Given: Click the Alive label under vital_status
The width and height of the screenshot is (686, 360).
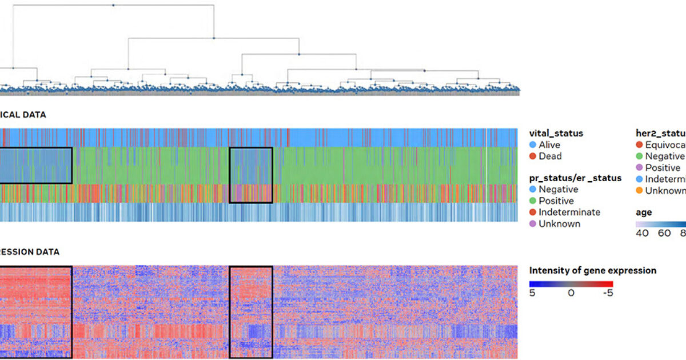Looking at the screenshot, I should coord(550,145).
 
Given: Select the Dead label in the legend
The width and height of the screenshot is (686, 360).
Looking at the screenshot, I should coord(550,156).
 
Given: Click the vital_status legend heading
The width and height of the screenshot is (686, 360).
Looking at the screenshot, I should coord(556,133).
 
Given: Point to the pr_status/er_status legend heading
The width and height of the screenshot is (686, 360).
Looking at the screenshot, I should coord(575,178).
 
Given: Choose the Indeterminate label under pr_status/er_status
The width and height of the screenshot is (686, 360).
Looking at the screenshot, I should coord(569,212).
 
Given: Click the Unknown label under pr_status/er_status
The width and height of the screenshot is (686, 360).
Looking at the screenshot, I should coord(559,223).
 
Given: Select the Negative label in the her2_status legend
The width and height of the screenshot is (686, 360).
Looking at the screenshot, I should coord(664,156).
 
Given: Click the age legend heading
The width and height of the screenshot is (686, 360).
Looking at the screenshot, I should coord(644,212).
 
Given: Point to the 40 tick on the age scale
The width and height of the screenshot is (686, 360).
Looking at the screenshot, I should coord(642,233).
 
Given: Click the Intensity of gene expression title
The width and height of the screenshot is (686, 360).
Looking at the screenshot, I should coord(592,270).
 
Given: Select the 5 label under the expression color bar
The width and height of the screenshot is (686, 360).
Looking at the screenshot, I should coord(533,293).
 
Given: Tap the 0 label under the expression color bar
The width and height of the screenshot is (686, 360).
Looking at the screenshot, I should coord(571,293).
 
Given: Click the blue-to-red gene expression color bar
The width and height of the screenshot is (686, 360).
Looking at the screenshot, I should coord(571,283).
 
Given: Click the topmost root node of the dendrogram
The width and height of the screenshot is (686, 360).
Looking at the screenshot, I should coord(113,5).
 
